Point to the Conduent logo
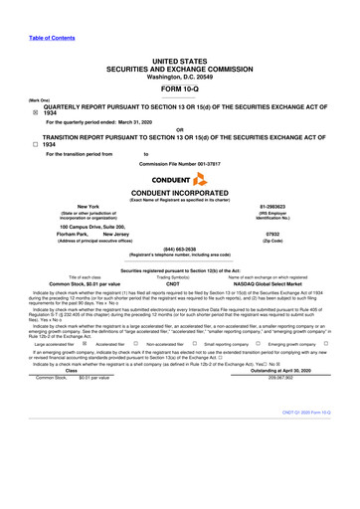180,180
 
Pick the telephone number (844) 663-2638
180,249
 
